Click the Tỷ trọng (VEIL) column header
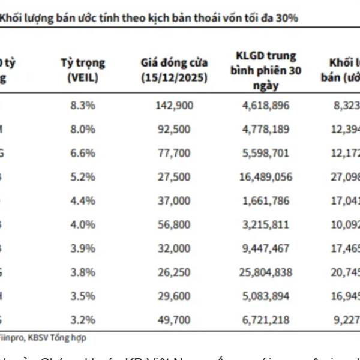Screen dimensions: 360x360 click(83, 69)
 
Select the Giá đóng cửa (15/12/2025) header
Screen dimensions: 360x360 click(174, 69)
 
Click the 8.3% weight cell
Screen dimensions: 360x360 click(83, 106)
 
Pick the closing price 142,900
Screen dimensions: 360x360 click(174, 106)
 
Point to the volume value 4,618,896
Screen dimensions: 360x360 click(264, 106)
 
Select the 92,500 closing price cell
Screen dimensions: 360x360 click(174, 129)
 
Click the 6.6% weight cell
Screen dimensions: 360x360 click(83, 152)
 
